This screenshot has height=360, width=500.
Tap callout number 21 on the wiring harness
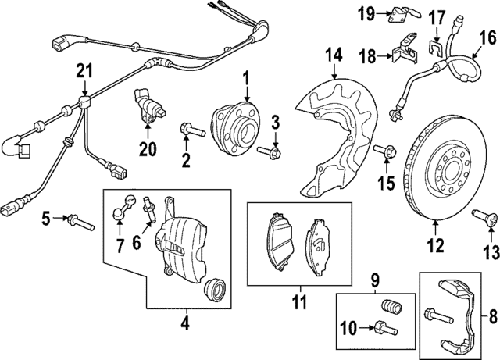(x=83, y=72)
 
